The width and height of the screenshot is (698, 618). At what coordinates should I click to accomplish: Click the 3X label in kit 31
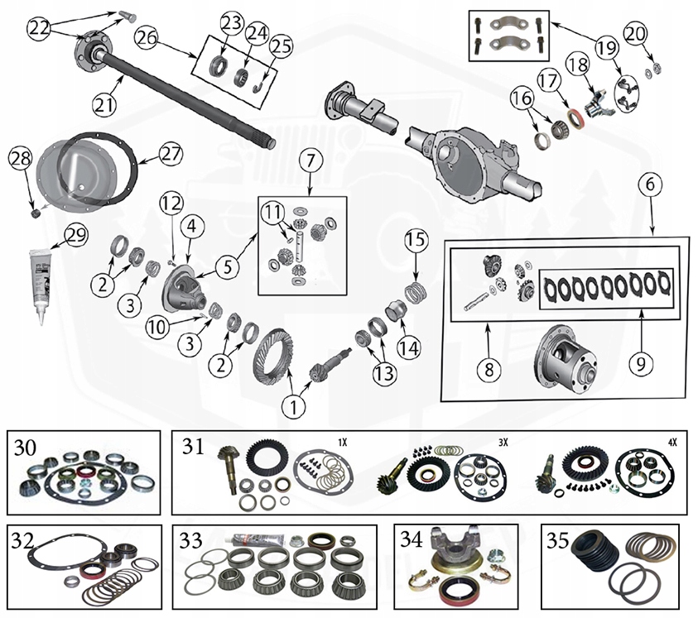pyautogui.click(x=503, y=442)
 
